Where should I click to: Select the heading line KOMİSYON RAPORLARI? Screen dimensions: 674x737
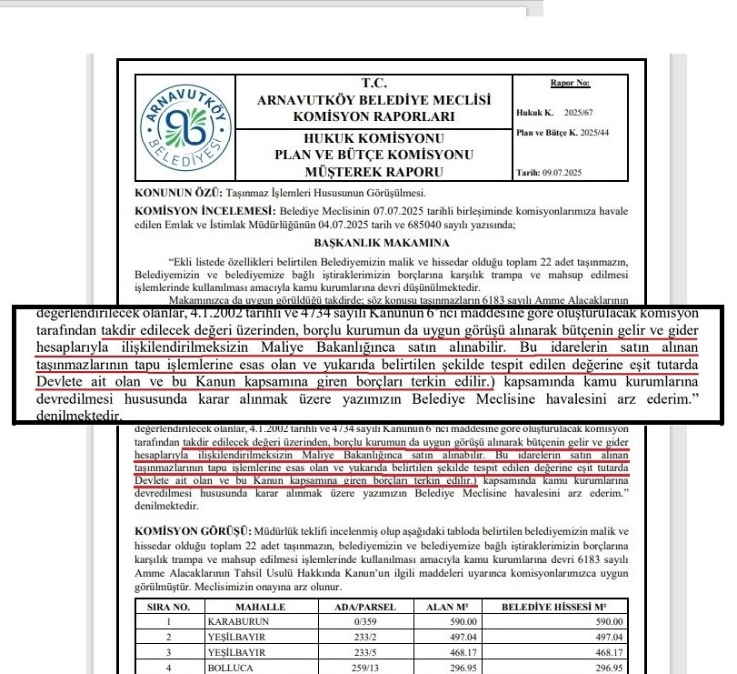(373, 117)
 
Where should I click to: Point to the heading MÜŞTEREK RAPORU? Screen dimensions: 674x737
(373, 171)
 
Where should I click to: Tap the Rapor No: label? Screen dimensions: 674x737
(570, 84)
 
